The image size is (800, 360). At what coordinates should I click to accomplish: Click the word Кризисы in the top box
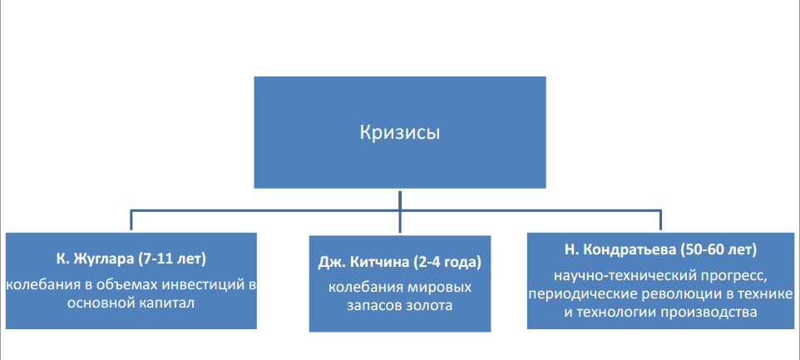(399, 132)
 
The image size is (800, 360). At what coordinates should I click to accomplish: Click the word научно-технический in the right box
(609, 275)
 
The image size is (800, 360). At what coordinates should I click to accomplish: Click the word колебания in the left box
(40, 285)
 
